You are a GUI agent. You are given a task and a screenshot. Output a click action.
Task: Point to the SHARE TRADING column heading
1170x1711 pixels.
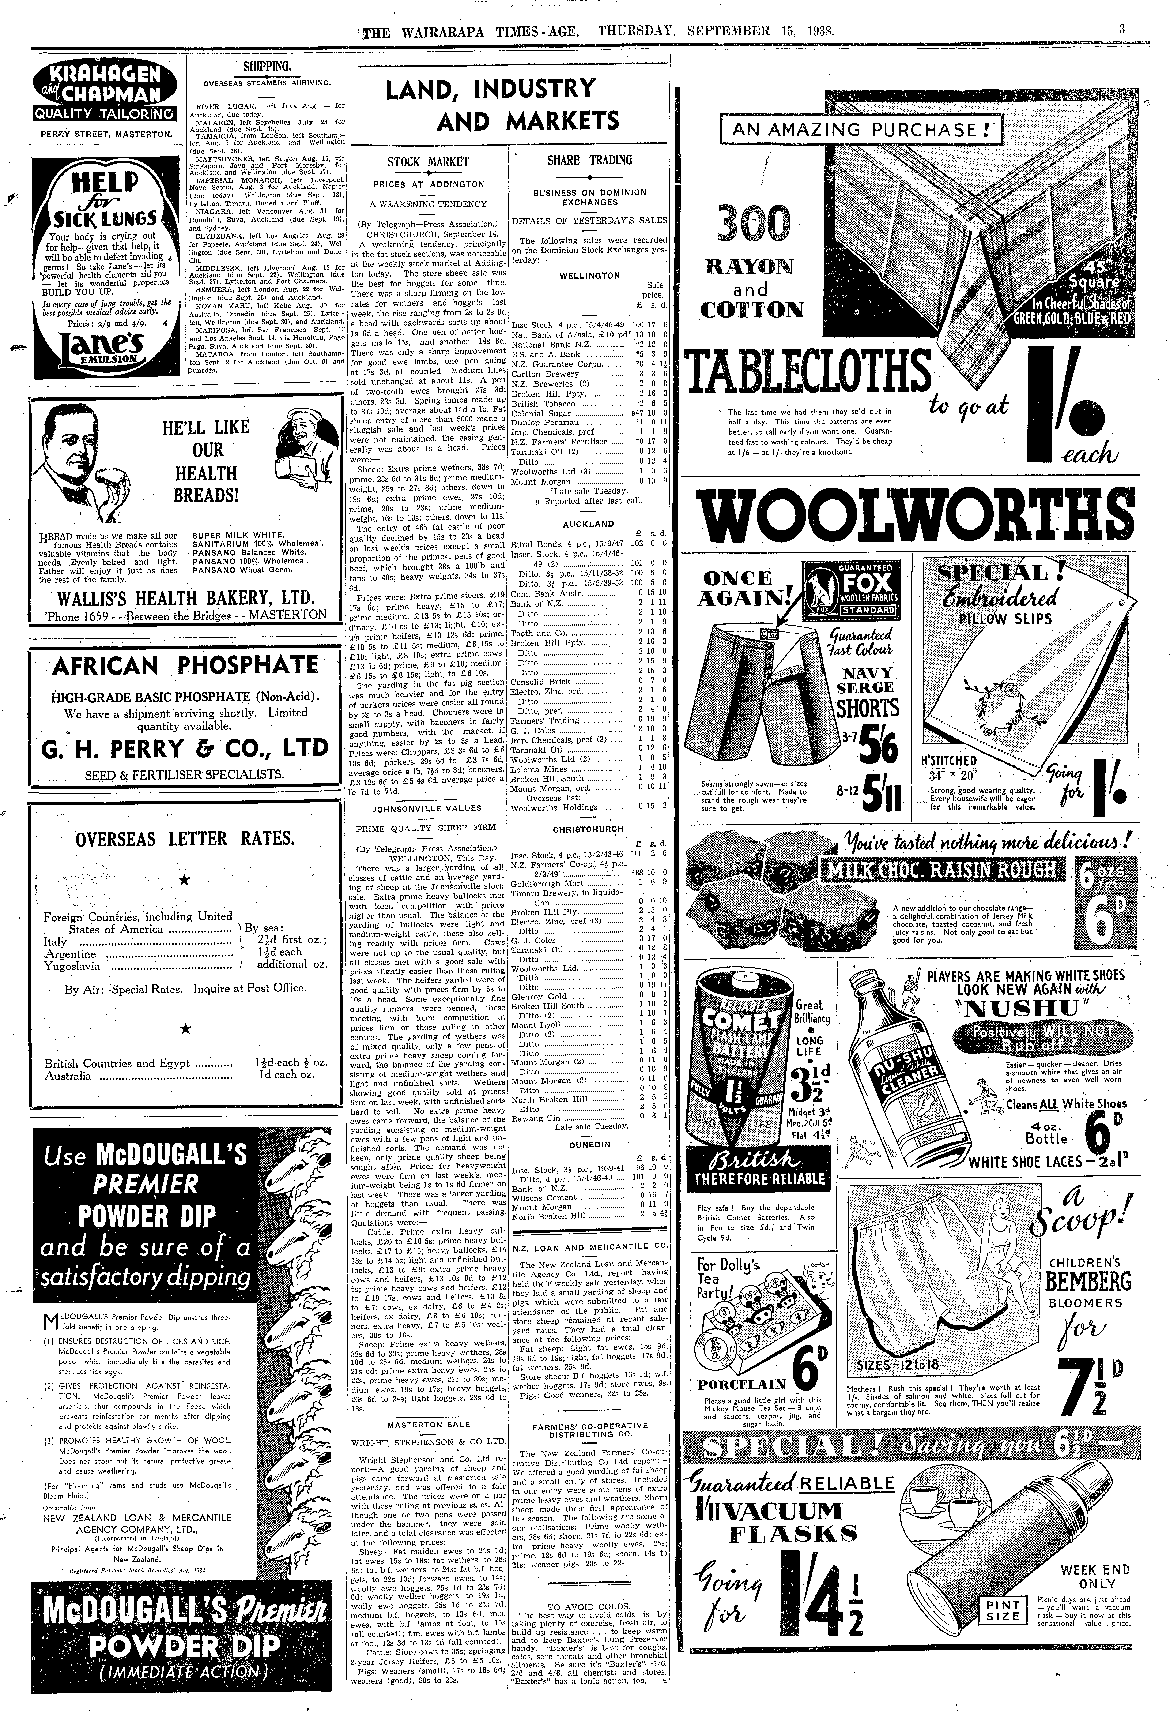point(589,160)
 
